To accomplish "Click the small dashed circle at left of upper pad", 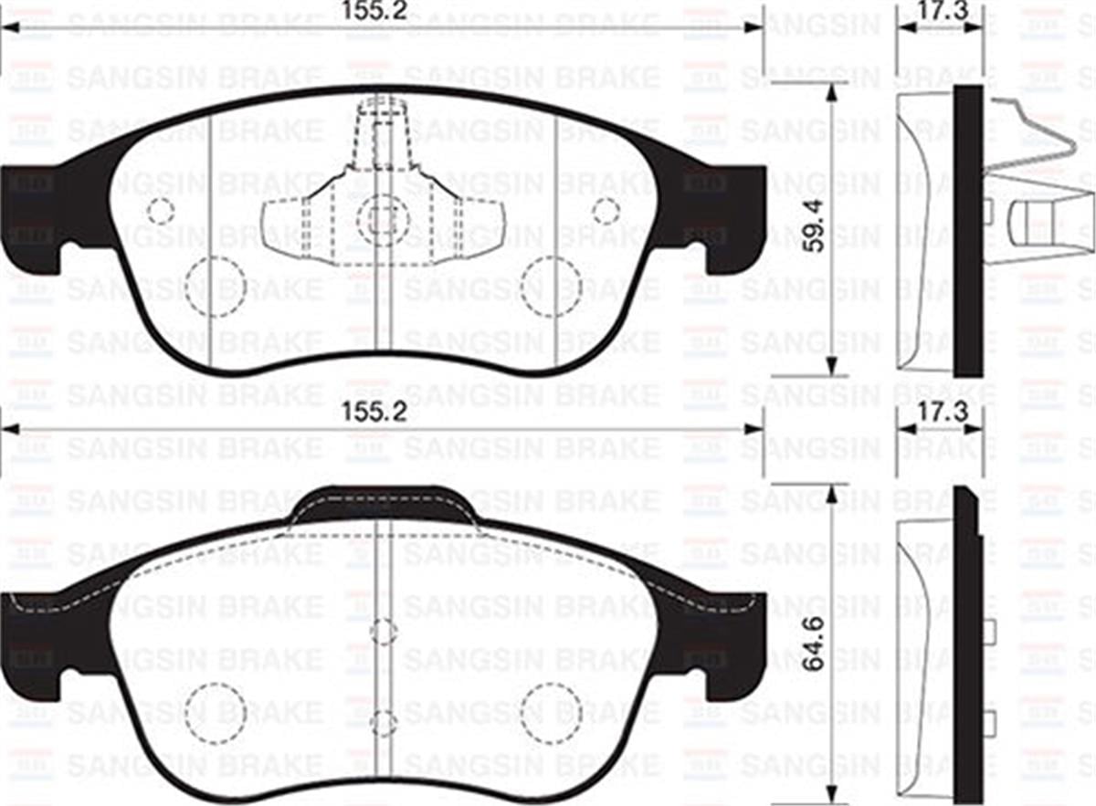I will click(x=160, y=212).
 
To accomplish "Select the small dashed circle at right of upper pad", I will click(x=606, y=212).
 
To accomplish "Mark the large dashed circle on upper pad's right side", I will click(x=552, y=287).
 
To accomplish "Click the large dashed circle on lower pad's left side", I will click(x=216, y=712).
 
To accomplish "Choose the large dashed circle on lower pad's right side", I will click(x=552, y=712).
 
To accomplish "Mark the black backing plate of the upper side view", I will click(x=968, y=228).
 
